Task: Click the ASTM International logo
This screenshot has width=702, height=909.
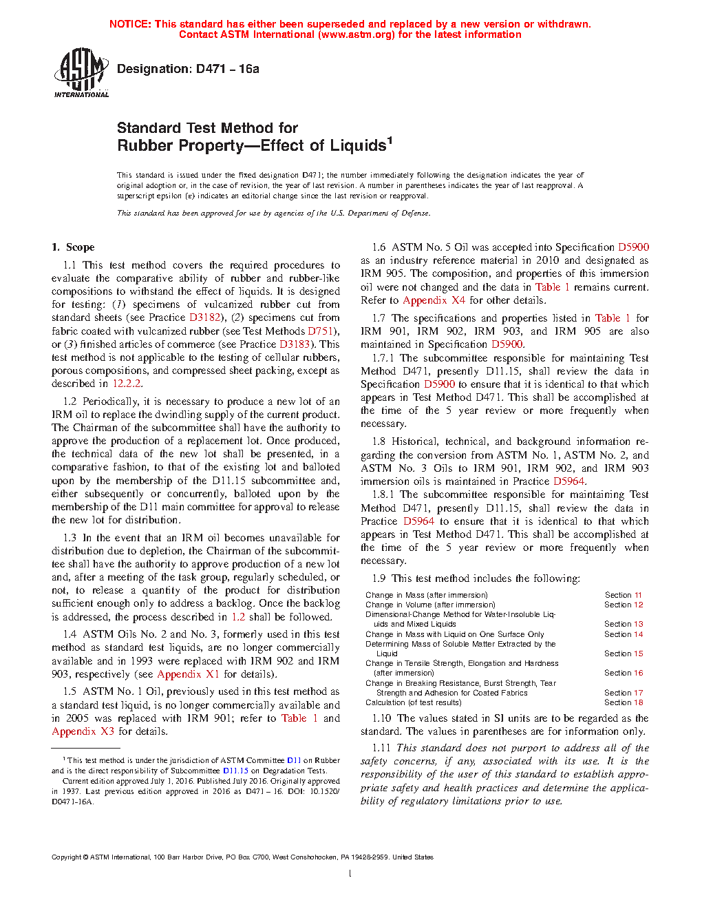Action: [81, 72]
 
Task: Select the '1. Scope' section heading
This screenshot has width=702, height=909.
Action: [73, 247]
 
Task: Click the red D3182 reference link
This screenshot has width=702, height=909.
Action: [205, 317]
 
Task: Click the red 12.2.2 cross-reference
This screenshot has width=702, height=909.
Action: [127, 384]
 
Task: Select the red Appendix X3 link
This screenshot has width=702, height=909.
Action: [83, 731]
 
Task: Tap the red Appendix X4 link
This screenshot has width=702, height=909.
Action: [434, 300]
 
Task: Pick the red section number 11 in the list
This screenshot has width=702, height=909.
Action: [638, 595]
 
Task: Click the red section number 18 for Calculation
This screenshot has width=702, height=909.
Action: [638, 702]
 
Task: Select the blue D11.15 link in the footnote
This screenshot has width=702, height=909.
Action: [235, 771]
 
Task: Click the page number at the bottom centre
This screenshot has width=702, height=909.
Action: [350, 874]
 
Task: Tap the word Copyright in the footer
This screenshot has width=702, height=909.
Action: [66, 857]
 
